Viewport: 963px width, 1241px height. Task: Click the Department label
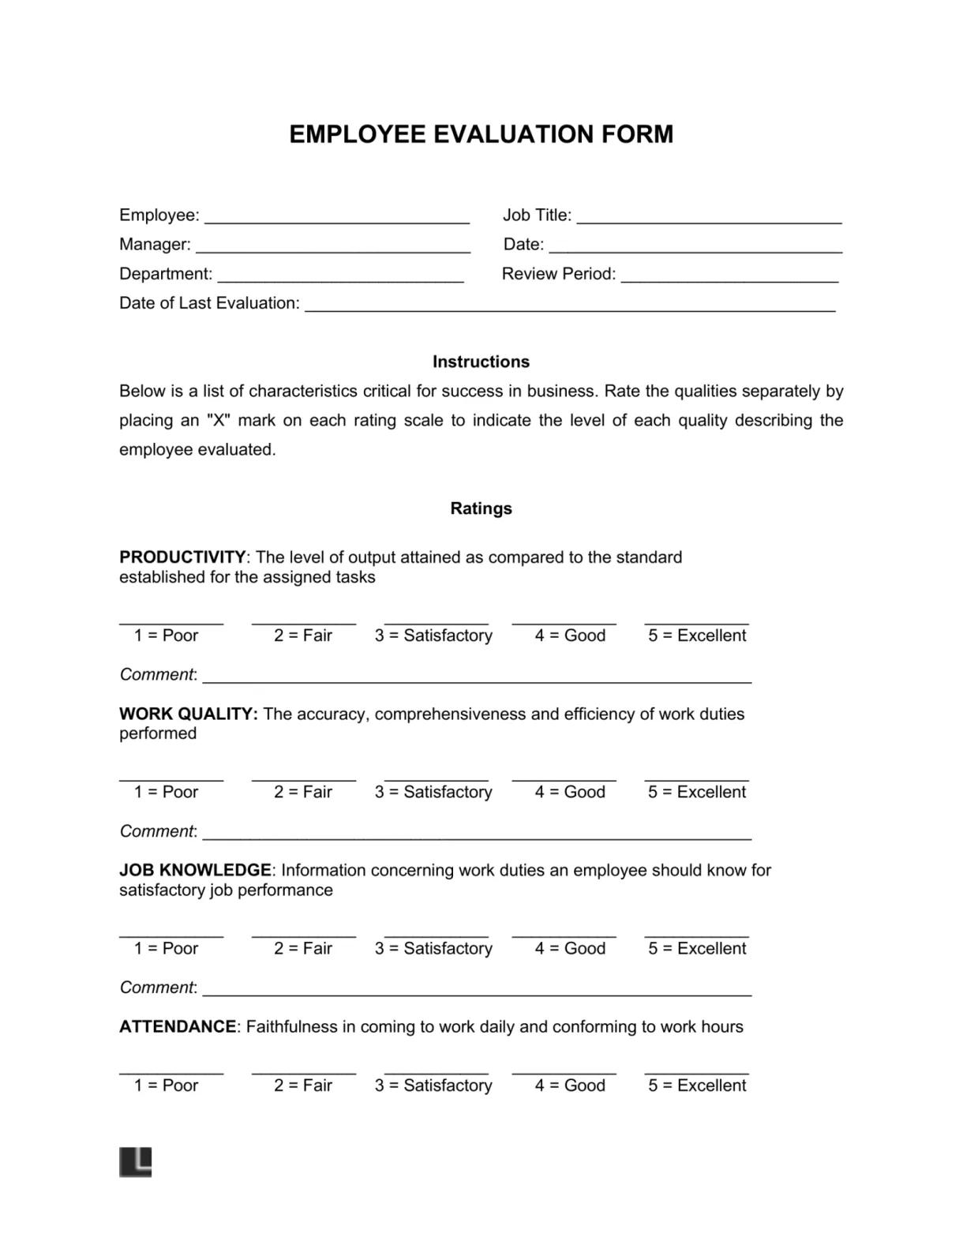pos(166,274)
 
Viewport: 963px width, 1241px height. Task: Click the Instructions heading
pos(481,362)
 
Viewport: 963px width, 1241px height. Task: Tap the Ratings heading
pos(481,508)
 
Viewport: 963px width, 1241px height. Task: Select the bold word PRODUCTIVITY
pos(182,557)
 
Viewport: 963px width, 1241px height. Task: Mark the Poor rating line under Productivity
pos(171,621)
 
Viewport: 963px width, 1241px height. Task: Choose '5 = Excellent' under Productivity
pos(697,635)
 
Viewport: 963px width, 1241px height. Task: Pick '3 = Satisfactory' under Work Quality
pos(433,792)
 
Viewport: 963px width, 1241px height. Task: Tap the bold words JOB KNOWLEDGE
pos(195,870)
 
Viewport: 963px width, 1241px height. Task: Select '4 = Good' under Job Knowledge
pos(570,948)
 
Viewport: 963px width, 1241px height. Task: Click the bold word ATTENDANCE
pos(178,1026)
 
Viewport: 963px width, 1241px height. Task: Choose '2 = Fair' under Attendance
pos(303,1085)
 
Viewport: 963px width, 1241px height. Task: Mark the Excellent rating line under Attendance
pos(697,1072)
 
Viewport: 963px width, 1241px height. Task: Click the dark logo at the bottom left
pos(135,1162)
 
